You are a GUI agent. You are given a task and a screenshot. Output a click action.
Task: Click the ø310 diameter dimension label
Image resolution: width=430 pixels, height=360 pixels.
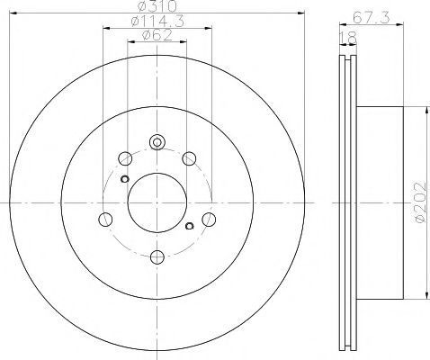157,6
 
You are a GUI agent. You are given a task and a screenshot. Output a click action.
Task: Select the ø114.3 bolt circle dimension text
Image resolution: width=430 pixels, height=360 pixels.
157,22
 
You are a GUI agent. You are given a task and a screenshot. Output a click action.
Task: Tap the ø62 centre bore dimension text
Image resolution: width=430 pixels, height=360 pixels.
157,35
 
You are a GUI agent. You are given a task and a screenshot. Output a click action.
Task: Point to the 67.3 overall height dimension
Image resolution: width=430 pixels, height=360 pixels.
371,18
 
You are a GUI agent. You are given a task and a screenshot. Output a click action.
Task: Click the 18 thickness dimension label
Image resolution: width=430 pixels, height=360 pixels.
348,37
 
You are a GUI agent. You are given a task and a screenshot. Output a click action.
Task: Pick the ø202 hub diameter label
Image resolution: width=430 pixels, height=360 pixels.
420,202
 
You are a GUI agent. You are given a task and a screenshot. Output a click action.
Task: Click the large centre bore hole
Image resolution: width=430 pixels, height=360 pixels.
157,202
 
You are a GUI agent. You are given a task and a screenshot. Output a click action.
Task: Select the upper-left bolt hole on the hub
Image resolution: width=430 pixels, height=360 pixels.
125,158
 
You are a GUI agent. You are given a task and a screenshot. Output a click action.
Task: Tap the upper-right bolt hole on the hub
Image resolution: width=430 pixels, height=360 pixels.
189,158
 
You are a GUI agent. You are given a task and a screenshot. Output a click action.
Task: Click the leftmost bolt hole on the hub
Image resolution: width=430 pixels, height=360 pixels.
105,220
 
